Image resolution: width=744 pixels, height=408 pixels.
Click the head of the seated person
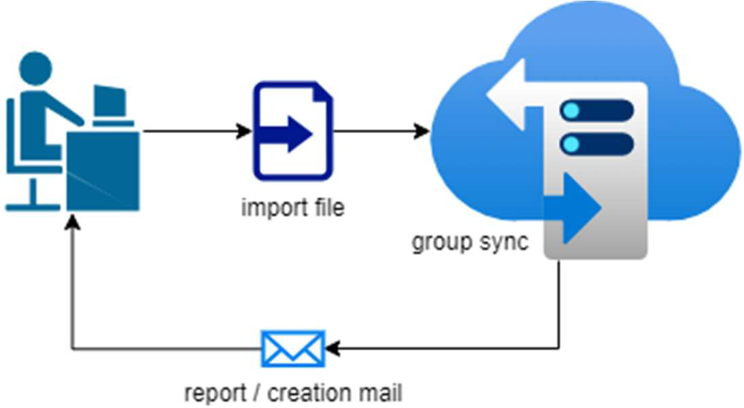click(x=35, y=69)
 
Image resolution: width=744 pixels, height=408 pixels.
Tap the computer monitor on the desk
click(x=109, y=102)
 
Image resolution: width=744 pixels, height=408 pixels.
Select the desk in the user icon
click(x=103, y=170)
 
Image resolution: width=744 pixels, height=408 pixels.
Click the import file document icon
click(x=293, y=131)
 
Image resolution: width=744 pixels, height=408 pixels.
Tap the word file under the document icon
click(x=328, y=207)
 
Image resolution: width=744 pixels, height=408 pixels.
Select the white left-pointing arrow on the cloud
click(x=510, y=95)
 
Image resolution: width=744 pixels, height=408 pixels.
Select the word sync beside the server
click(x=503, y=243)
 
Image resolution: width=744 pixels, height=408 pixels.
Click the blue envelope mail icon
click(x=293, y=349)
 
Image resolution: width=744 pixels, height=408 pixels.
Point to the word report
click(x=215, y=392)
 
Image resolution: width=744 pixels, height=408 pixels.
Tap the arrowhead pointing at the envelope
click(x=333, y=349)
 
